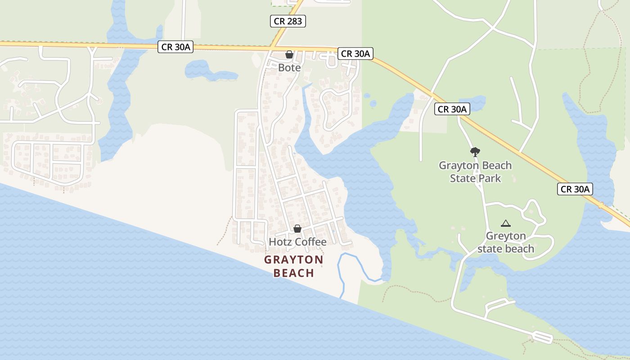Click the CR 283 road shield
coord(288,21)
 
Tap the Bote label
coord(289,67)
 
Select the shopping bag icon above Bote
coord(289,54)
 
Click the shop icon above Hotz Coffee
coord(297,229)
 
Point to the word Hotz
coord(279,242)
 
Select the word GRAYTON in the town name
coord(293,260)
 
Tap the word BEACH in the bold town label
coord(293,273)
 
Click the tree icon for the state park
coord(475,152)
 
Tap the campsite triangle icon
coord(506,223)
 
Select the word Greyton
coord(506,236)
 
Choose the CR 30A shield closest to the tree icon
coord(452,109)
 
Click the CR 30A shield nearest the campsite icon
coord(575,189)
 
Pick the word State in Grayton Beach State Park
coord(463,178)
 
